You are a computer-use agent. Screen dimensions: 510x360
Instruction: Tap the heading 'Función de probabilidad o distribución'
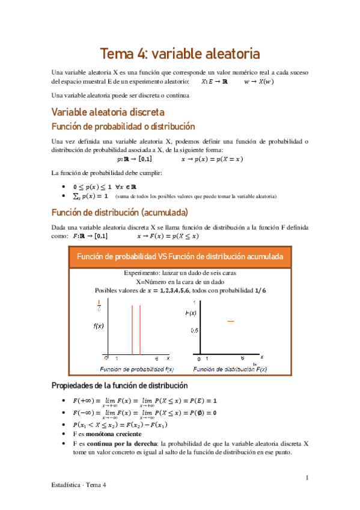click(123, 127)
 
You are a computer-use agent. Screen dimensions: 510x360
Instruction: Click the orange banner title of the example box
click(180, 257)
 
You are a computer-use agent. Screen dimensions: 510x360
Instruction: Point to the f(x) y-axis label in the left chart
click(100, 327)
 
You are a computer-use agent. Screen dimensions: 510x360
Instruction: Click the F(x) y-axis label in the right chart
click(191, 314)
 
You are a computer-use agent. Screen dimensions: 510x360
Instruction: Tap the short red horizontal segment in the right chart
click(230, 322)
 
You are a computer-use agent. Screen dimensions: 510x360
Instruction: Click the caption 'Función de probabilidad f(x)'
click(137, 368)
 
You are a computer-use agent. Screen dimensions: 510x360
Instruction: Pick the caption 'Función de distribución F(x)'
click(230, 368)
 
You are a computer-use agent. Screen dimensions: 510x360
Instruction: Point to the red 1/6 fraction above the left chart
click(99, 307)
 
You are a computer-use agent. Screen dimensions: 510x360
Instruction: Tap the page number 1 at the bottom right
click(307, 478)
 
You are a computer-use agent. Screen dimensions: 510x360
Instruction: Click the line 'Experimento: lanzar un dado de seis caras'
click(180, 272)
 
